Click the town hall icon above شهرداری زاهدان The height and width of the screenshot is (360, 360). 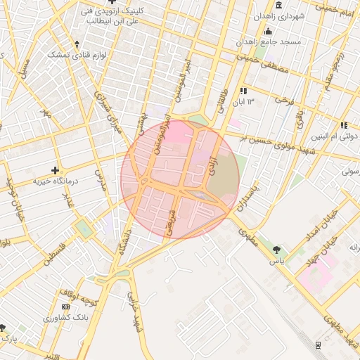click(280, 6)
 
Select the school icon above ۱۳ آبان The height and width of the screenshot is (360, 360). click(243, 91)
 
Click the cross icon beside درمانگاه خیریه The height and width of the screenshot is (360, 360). click(56, 170)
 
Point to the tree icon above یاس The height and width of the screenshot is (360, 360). click(276, 250)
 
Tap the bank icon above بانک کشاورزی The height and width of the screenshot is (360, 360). click(66, 307)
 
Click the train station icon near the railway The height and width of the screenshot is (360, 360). click(319, 345)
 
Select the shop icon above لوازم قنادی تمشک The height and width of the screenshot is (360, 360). click(77, 44)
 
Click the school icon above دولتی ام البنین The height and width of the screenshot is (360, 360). click(344, 125)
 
